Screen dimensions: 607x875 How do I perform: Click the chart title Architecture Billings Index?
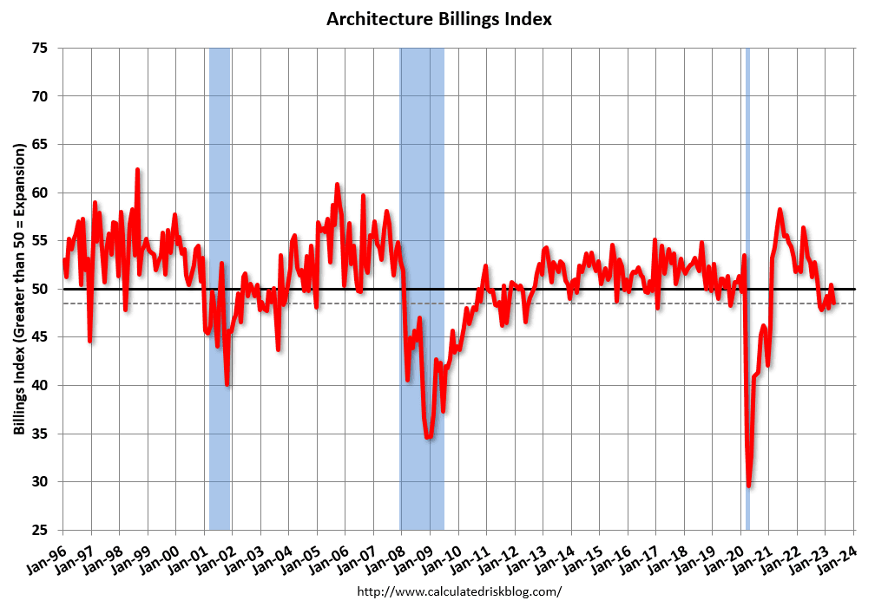(439, 18)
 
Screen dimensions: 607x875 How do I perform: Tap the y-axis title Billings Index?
(18, 289)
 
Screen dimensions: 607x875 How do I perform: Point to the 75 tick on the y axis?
(40, 49)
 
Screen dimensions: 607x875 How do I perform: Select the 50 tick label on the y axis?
(40, 289)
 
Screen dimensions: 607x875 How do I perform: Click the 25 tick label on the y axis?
(40, 530)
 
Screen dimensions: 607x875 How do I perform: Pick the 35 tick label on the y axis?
(40, 434)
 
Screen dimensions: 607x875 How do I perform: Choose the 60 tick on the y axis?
(40, 193)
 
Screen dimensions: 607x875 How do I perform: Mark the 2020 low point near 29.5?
(748, 486)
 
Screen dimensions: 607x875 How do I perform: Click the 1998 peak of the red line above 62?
(137, 170)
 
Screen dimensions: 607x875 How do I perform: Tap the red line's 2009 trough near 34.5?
(428, 437)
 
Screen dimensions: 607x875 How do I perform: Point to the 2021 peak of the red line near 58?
(780, 210)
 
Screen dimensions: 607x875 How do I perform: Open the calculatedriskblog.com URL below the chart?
(460, 591)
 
